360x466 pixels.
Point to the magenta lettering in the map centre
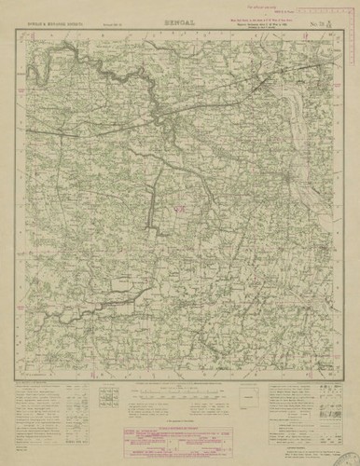click(x=180, y=212)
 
